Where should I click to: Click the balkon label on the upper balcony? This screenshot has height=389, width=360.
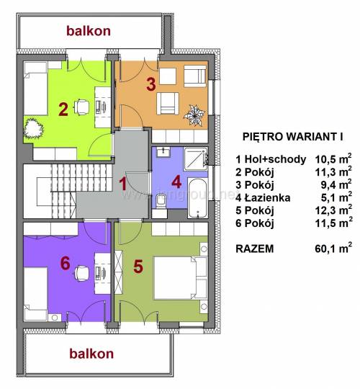tap(89, 31)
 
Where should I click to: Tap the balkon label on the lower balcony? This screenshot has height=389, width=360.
tap(91, 354)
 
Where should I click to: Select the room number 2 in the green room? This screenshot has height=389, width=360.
tap(63, 109)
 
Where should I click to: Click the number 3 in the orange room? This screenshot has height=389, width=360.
tap(150, 84)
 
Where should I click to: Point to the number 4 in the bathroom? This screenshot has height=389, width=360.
tap(176, 182)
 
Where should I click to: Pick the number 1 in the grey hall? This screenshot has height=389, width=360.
tap(122, 184)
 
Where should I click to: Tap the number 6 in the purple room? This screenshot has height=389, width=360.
tap(66, 263)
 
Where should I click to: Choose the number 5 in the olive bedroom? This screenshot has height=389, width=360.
tap(138, 267)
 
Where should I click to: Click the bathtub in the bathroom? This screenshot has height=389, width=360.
tap(197, 197)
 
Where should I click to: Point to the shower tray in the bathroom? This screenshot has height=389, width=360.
tap(195, 159)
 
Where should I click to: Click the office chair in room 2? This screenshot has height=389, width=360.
tap(81, 107)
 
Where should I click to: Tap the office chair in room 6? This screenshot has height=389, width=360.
tap(81, 273)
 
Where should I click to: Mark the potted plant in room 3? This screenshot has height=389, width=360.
tap(194, 115)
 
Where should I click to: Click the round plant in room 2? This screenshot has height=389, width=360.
tap(33, 128)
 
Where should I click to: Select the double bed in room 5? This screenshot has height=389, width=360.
tap(180, 278)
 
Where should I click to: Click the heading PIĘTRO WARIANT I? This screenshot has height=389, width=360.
tap(292, 137)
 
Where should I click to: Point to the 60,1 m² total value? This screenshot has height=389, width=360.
tap(333, 248)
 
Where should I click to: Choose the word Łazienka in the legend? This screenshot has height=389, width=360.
tap(267, 197)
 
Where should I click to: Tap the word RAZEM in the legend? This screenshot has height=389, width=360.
tap(255, 249)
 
